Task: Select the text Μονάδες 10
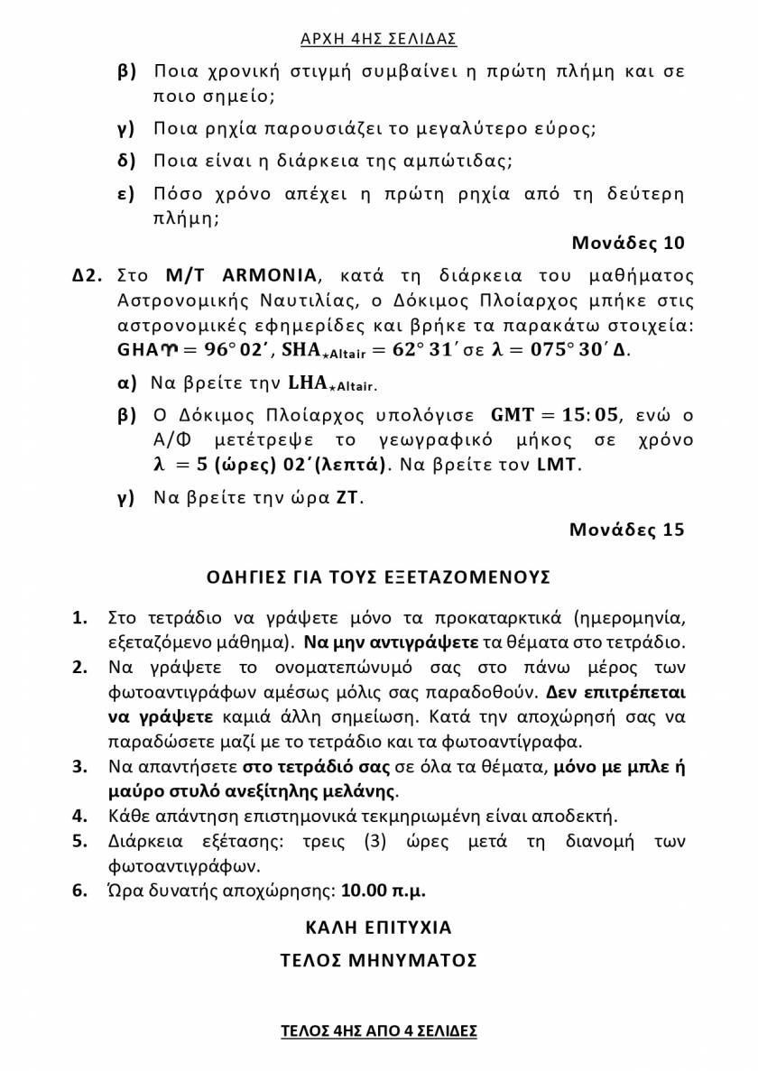[628, 243]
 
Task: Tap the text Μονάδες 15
[627, 530]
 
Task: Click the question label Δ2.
[90, 274]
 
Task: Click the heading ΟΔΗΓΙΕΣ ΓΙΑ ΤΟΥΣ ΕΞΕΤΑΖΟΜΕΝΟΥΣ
[378, 577]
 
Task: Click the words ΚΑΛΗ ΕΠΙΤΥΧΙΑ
[378, 927]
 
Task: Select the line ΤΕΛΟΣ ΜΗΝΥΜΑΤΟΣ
[378, 960]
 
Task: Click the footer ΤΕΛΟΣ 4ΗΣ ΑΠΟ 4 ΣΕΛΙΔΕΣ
[378, 1030]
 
